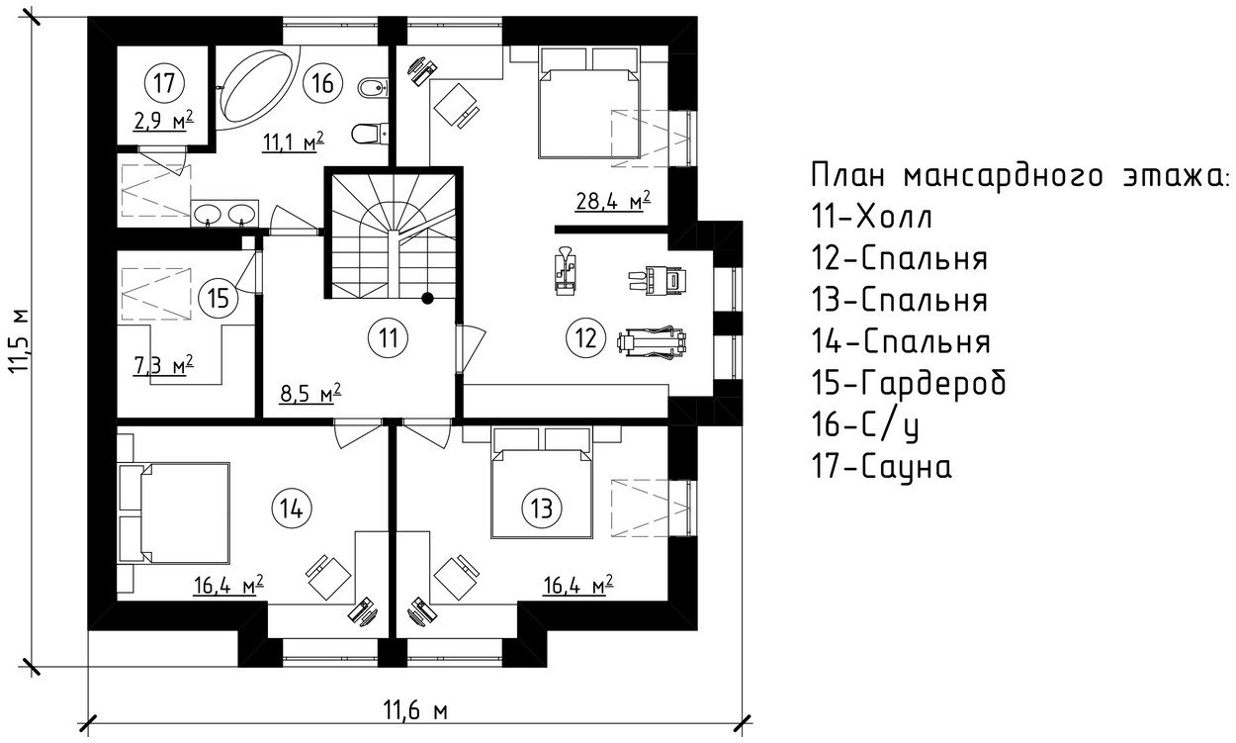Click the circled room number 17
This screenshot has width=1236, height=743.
click(x=163, y=81)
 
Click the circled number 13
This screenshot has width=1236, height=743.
click(x=540, y=508)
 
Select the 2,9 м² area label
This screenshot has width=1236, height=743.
click(x=163, y=121)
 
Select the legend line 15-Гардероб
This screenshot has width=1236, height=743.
click(x=909, y=382)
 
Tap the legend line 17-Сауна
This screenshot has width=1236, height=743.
click(x=882, y=465)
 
